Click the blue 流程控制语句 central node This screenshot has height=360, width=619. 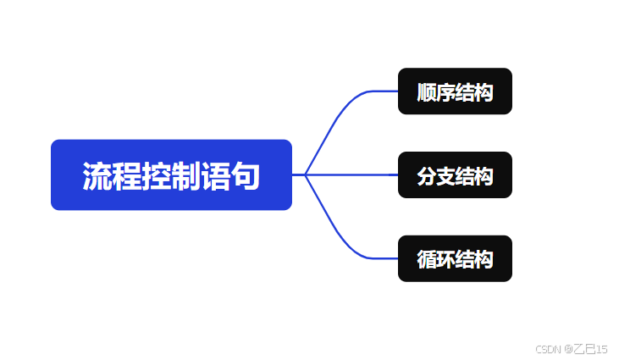coord(171,174)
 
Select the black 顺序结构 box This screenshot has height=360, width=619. coord(455,91)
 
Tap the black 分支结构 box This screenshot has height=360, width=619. coord(455,174)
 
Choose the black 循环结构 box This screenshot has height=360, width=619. coord(455,258)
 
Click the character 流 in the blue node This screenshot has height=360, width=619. coord(97,176)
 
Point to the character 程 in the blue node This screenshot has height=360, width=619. coord(127,176)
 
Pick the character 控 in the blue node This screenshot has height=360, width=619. coord(157,176)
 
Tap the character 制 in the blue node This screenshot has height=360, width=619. coord(186,176)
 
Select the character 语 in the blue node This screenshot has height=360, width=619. coord(216,176)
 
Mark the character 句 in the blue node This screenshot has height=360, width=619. coord(246,176)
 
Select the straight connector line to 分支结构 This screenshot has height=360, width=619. coord(356,174)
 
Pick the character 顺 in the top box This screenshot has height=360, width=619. coord(426,92)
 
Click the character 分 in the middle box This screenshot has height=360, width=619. coord(426,176)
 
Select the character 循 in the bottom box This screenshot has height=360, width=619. coord(426,259)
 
